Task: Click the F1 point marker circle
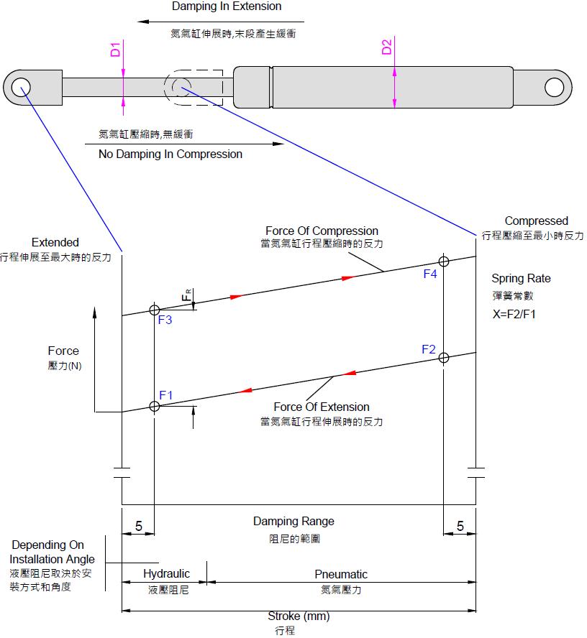tap(154, 407)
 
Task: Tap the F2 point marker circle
tap(444, 357)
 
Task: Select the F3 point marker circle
tap(154, 310)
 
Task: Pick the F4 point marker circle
tap(444, 261)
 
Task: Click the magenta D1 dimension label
tap(115, 50)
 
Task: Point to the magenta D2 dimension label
tap(386, 48)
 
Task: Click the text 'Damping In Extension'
tap(227, 6)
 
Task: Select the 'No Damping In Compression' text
tap(170, 154)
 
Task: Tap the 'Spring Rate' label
tap(521, 278)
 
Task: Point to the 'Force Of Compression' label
tap(322, 231)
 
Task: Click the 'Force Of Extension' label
tap(322, 407)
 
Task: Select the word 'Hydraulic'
tap(166, 574)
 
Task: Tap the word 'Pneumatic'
tap(341, 574)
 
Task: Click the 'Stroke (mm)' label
tap(299, 616)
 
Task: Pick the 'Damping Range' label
tap(293, 521)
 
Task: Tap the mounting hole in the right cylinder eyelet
tap(554, 87)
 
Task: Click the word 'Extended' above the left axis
tap(55, 243)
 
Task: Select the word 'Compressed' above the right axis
tap(536, 221)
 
